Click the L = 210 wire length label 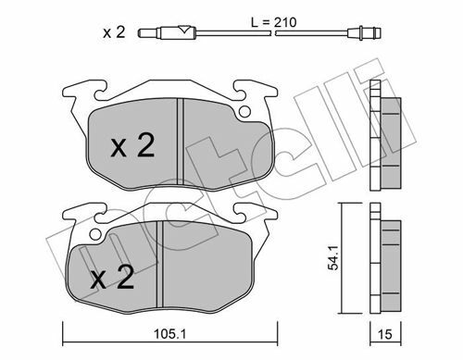274,22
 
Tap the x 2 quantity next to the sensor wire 114,32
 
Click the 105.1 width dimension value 169,334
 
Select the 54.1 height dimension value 333,258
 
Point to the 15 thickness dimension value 385,334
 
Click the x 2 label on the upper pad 132,146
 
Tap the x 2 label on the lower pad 112,278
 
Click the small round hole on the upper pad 244,111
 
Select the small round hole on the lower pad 95,234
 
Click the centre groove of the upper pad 181,142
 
